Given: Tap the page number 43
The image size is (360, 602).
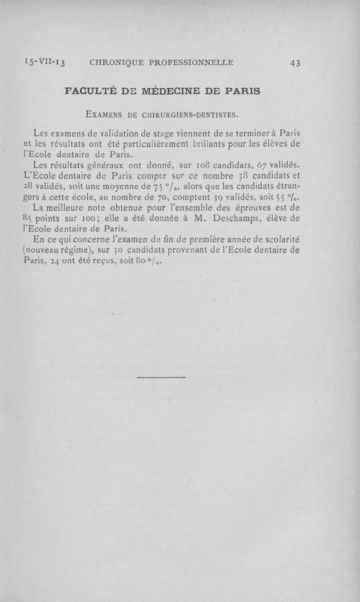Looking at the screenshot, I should click(x=295, y=63).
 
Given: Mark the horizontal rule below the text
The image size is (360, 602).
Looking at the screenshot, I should click(x=161, y=377).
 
